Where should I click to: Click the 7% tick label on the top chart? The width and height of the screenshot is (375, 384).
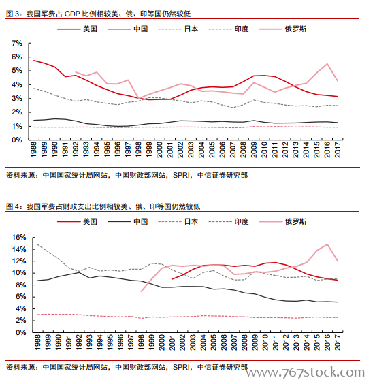point(17,44)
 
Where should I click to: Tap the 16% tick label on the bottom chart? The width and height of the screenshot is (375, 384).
point(19,237)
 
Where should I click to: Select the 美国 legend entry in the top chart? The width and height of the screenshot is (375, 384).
point(77,29)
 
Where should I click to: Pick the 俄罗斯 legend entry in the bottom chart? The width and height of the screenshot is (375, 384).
point(282,222)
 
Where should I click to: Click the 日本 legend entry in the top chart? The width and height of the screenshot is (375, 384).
point(178,29)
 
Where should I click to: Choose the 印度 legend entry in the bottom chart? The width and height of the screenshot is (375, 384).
point(229,222)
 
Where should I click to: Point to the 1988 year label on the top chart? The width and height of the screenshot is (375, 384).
point(34,149)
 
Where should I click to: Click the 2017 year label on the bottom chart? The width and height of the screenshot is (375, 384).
point(338,342)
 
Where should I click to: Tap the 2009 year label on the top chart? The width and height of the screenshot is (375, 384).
point(254,149)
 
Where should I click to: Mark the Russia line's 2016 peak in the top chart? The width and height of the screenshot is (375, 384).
point(327,64)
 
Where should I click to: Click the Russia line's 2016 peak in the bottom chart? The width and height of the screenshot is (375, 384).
point(327,244)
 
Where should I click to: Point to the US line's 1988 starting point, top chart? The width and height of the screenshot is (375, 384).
point(34,60)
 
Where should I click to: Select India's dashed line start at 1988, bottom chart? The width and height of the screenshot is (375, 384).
point(37,244)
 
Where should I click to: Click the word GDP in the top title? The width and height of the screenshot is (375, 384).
point(72,14)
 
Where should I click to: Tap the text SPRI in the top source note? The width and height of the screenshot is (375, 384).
point(181,176)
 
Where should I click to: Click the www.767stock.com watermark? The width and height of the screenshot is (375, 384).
point(305,372)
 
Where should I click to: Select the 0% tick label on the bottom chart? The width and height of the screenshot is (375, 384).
point(21,332)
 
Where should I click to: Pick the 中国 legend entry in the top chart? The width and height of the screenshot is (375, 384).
point(127,29)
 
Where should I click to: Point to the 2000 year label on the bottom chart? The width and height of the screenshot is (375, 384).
point(162,342)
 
